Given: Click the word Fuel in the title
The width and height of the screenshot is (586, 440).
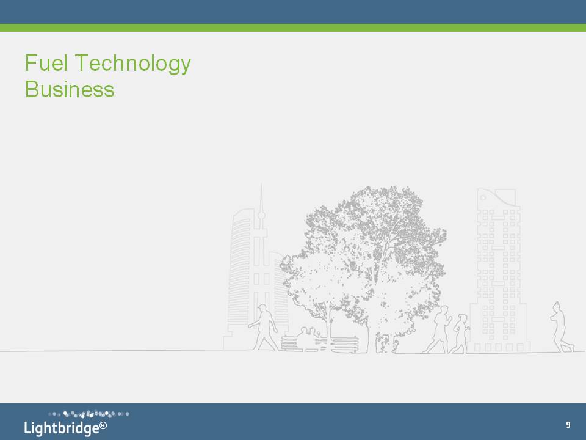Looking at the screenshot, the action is click(46, 63).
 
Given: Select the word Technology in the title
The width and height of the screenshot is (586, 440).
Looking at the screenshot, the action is click(133, 64).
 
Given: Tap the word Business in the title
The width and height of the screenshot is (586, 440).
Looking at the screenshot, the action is click(70, 89).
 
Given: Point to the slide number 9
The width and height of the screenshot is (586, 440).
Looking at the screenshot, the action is click(568, 425).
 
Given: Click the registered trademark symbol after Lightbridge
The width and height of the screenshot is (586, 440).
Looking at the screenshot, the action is click(104, 425).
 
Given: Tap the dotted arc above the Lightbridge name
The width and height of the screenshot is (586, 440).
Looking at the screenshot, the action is click(89, 414).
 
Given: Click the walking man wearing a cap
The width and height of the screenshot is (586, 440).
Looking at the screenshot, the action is click(264, 328).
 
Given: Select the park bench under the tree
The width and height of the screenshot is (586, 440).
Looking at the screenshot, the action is click(319, 344).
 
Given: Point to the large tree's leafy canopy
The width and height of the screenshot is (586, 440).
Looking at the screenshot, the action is click(364, 254).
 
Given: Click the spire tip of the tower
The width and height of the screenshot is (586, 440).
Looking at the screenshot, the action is click(261, 184).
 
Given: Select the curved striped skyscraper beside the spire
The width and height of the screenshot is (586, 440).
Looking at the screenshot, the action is click(242, 277).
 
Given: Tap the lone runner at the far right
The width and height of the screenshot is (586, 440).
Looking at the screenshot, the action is click(560, 328).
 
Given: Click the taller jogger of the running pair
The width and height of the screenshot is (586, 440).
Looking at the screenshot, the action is click(440, 329).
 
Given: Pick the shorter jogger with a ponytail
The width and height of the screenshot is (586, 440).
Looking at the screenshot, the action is click(460, 334).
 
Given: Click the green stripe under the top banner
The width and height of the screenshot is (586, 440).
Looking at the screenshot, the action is click(293, 28).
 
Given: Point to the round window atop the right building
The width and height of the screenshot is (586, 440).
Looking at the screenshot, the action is click(483, 197).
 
